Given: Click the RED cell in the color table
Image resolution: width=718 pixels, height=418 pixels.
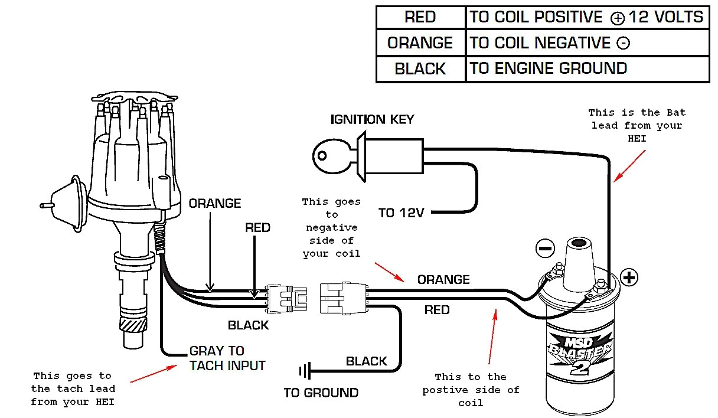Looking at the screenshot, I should pyautogui.click(x=420, y=17).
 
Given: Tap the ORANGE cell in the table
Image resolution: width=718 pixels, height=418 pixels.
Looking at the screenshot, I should pyautogui.click(x=420, y=43).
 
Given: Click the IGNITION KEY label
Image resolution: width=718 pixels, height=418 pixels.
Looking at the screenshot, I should pyautogui.click(x=372, y=119).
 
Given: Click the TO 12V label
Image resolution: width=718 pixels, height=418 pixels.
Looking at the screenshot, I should pyautogui.click(x=402, y=213).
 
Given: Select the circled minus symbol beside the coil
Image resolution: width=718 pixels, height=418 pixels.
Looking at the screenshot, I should pyautogui.click(x=545, y=247).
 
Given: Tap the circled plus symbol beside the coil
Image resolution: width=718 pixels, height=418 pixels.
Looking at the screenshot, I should pyautogui.click(x=629, y=277).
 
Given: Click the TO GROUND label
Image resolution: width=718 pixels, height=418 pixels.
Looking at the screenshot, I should pyautogui.click(x=321, y=393).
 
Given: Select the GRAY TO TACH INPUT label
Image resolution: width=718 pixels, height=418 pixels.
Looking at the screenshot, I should pyautogui.click(x=227, y=358).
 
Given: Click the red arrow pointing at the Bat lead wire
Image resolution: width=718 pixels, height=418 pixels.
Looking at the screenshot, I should pyautogui.click(x=629, y=165).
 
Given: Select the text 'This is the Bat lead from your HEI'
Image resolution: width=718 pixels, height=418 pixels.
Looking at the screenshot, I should pyautogui.click(x=637, y=125).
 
